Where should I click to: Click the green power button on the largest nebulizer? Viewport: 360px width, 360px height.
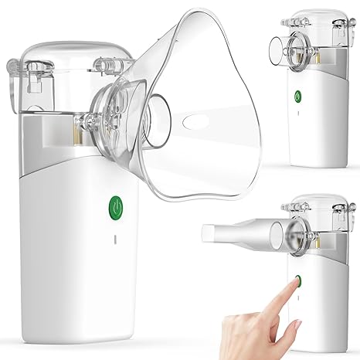(114, 205)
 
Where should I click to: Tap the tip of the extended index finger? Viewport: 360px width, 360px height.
(295, 286)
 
